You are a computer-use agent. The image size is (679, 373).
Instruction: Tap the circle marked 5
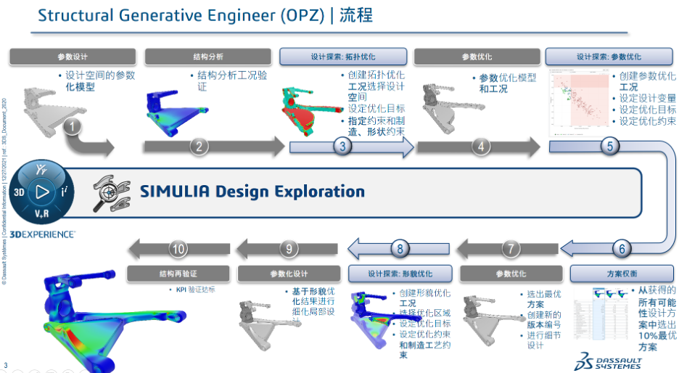pyautogui.click(x=610, y=146)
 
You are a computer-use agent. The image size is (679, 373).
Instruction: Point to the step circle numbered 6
pyautogui.click(x=621, y=248)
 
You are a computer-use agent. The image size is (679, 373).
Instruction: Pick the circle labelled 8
pyautogui.click(x=400, y=248)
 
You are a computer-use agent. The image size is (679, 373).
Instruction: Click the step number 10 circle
pyautogui.click(x=179, y=248)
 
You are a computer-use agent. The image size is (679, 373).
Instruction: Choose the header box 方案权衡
pyautogui.click(x=622, y=274)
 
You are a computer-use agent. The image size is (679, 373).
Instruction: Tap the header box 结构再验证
pyautogui.click(x=179, y=274)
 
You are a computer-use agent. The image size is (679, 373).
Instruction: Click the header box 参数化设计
pyautogui.click(x=289, y=274)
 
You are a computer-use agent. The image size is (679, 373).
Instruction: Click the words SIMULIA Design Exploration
pyautogui.click(x=252, y=192)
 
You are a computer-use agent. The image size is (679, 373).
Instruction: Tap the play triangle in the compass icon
pyautogui.click(x=42, y=193)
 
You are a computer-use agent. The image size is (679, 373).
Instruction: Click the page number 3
pyautogui.click(x=7, y=364)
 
